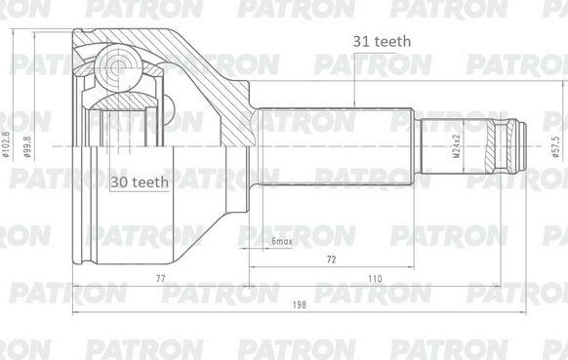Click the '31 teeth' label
tap(382, 41)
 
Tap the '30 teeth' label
tap(139, 181)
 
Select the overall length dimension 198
tap(299, 305)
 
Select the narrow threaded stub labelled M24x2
tap(454, 146)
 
